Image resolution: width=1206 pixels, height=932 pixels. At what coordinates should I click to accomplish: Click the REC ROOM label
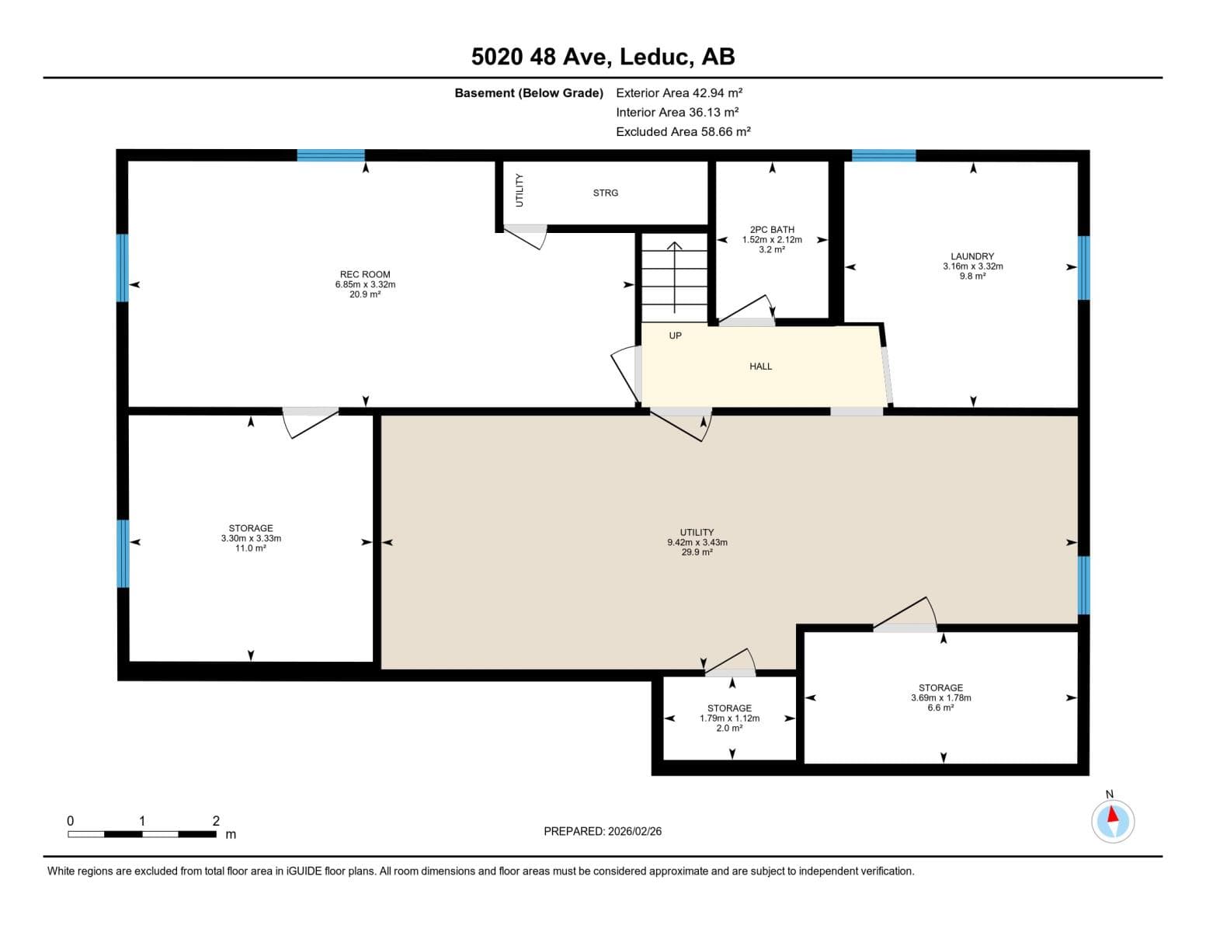[365, 274]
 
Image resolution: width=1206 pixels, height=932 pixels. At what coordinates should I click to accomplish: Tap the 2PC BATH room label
[771, 229]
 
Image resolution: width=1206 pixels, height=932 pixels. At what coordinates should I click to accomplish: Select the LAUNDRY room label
[971, 256]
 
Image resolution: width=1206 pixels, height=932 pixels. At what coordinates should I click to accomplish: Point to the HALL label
[759, 366]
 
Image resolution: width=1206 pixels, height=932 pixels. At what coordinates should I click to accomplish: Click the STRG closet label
[605, 193]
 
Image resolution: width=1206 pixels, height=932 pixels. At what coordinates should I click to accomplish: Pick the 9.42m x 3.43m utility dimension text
[697, 542]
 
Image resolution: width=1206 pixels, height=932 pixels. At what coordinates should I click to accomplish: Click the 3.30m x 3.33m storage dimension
[251, 538]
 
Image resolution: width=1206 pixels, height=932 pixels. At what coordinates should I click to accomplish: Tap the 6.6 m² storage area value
[940, 708]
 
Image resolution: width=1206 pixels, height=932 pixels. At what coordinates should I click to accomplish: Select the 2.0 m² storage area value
[728, 728]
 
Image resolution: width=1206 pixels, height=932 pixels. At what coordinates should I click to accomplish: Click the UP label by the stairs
[675, 336]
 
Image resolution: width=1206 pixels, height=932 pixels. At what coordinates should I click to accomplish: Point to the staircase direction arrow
[674, 277]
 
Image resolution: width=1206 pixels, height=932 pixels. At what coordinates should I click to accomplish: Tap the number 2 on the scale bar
[216, 820]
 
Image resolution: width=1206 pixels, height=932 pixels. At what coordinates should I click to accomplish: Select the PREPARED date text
[602, 831]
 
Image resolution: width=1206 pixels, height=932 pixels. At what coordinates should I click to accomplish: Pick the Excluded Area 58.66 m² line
[683, 131]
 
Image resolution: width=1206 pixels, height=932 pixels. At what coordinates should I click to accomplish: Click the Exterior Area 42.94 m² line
[679, 92]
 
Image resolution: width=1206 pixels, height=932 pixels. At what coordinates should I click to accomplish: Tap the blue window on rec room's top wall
[330, 155]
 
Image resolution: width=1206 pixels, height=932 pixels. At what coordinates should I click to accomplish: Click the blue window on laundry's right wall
[1083, 267]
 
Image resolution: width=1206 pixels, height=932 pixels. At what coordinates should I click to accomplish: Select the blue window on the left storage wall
[123, 553]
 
